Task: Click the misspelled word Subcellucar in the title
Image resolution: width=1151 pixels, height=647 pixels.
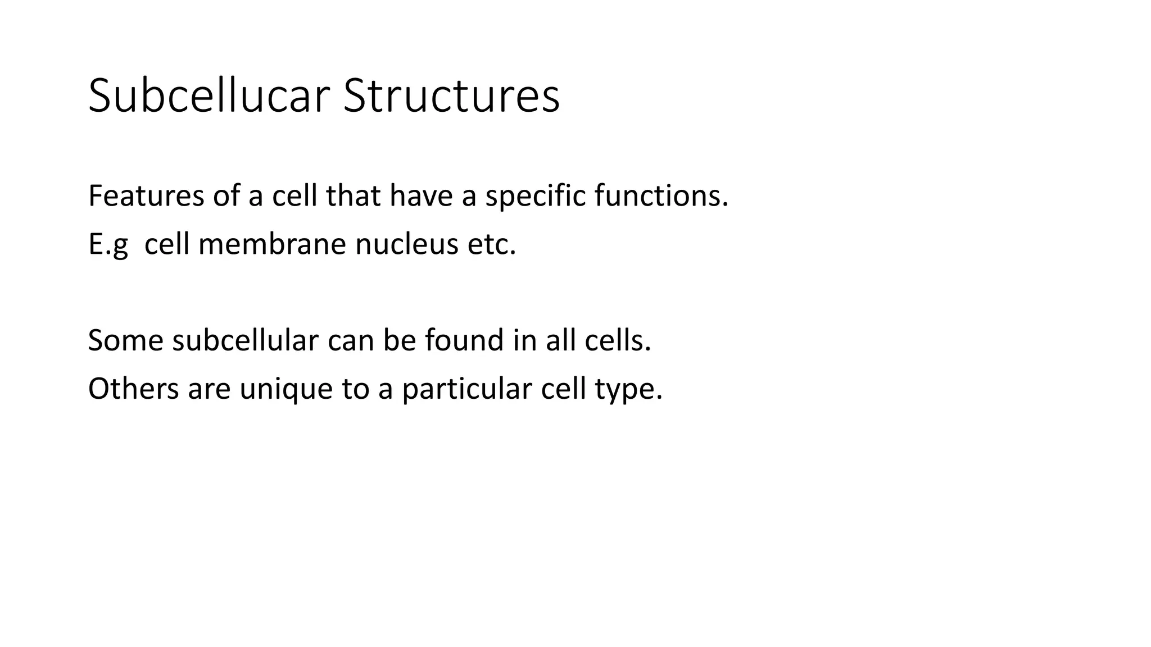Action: click(208, 96)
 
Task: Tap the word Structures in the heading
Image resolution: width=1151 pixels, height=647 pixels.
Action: click(451, 96)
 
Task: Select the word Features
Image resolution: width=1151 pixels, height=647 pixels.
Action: click(146, 196)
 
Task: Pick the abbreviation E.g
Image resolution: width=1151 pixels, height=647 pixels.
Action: click(108, 245)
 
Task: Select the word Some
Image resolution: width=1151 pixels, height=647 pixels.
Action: click(125, 340)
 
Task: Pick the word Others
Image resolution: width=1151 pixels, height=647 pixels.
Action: click(133, 389)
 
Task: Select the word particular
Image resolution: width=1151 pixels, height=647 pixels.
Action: click(466, 389)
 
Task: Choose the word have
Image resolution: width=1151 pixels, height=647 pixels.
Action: click(421, 196)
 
